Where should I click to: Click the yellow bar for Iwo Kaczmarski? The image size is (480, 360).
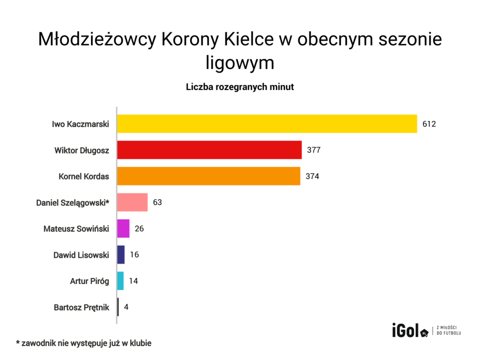click(x=267, y=124)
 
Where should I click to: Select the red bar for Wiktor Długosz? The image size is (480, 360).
click(x=209, y=150)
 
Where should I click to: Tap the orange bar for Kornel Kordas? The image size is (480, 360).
click(x=209, y=176)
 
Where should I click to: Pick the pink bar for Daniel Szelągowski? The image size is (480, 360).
click(x=132, y=202)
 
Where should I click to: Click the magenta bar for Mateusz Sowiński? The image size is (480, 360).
click(x=123, y=229)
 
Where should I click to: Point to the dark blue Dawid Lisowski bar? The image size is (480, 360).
click(x=121, y=255)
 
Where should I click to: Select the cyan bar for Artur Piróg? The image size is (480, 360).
click(x=120, y=281)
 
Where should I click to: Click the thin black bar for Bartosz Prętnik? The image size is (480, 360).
click(x=118, y=307)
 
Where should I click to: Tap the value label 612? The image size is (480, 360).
click(x=429, y=124)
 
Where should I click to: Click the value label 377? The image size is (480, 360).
click(x=314, y=150)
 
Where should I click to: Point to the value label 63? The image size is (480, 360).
click(x=157, y=203)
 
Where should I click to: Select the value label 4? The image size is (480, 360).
click(x=126, y=307)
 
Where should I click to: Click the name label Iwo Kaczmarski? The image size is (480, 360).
click(x=81, y=124)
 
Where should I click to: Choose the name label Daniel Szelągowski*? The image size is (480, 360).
click(x=73, y=203)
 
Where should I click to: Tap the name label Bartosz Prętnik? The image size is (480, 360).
click(x=82, y=307)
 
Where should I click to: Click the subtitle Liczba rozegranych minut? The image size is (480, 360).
click(x=240, y=87)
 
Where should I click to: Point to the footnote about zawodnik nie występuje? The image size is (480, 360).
click(x=84, y=343)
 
